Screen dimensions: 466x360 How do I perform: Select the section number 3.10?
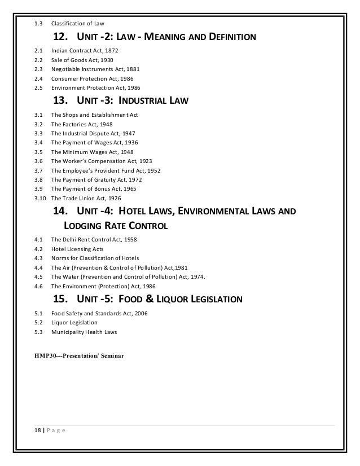coord(39,198)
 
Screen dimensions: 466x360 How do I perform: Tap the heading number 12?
coord(60,38)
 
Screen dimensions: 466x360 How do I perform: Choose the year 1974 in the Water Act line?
coord(196,276)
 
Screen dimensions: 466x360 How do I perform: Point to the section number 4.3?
coord(38,258)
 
